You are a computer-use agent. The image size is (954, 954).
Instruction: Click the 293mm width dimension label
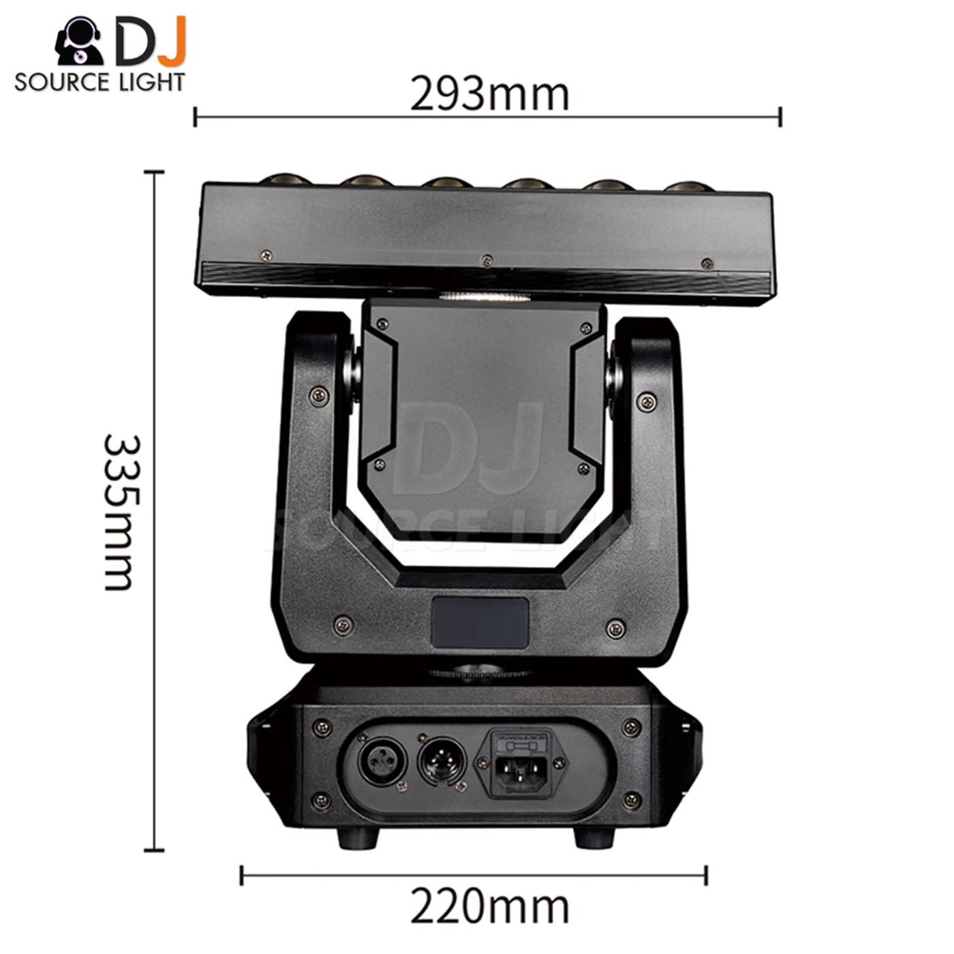click(489, 93)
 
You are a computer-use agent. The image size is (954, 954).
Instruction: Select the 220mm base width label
click(489, 907)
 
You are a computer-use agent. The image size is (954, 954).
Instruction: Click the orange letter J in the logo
click(171, 41)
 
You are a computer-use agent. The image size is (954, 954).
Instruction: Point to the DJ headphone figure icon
click(78, 41)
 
